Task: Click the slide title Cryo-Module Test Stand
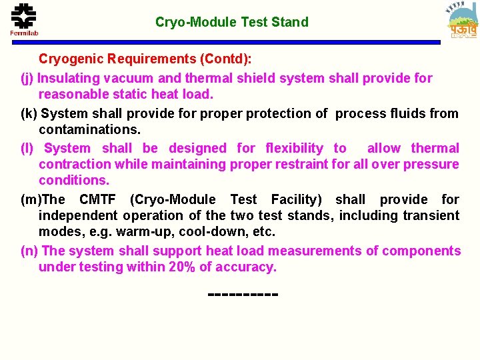[232, 22]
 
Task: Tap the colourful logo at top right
[462, 21]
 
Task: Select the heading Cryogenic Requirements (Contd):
[145, 59]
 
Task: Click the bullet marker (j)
[28, 79]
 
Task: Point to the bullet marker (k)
[29, 114]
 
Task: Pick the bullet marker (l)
[28, 149]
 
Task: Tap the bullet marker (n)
[30, 251]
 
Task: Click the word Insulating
[69, 79]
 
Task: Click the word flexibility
[294, 148]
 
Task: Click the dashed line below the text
[243, 293]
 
